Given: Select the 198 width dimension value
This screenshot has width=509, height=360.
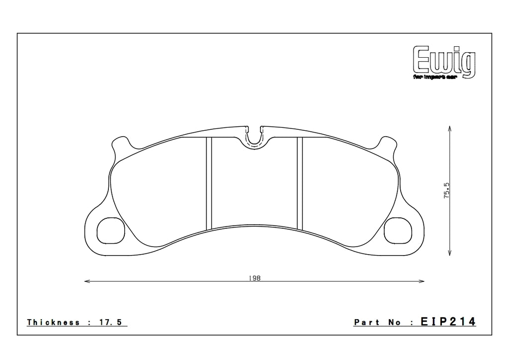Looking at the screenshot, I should pos(255,278).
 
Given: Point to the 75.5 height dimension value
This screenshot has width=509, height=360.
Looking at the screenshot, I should pos(446,190).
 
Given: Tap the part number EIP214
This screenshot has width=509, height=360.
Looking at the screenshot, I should pos(449,322).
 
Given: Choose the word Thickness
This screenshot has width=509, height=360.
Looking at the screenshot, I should pos(53,323).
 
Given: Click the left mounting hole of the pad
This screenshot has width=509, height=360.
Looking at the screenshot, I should pos(109,231).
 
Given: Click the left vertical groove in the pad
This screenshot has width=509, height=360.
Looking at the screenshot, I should pos(209,182).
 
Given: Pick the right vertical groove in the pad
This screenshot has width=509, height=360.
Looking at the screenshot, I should pos(300,182).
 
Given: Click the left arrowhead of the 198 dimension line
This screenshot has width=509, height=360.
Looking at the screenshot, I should pos(87,282).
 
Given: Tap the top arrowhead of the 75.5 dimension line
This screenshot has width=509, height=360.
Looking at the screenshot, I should pos(450,128).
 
